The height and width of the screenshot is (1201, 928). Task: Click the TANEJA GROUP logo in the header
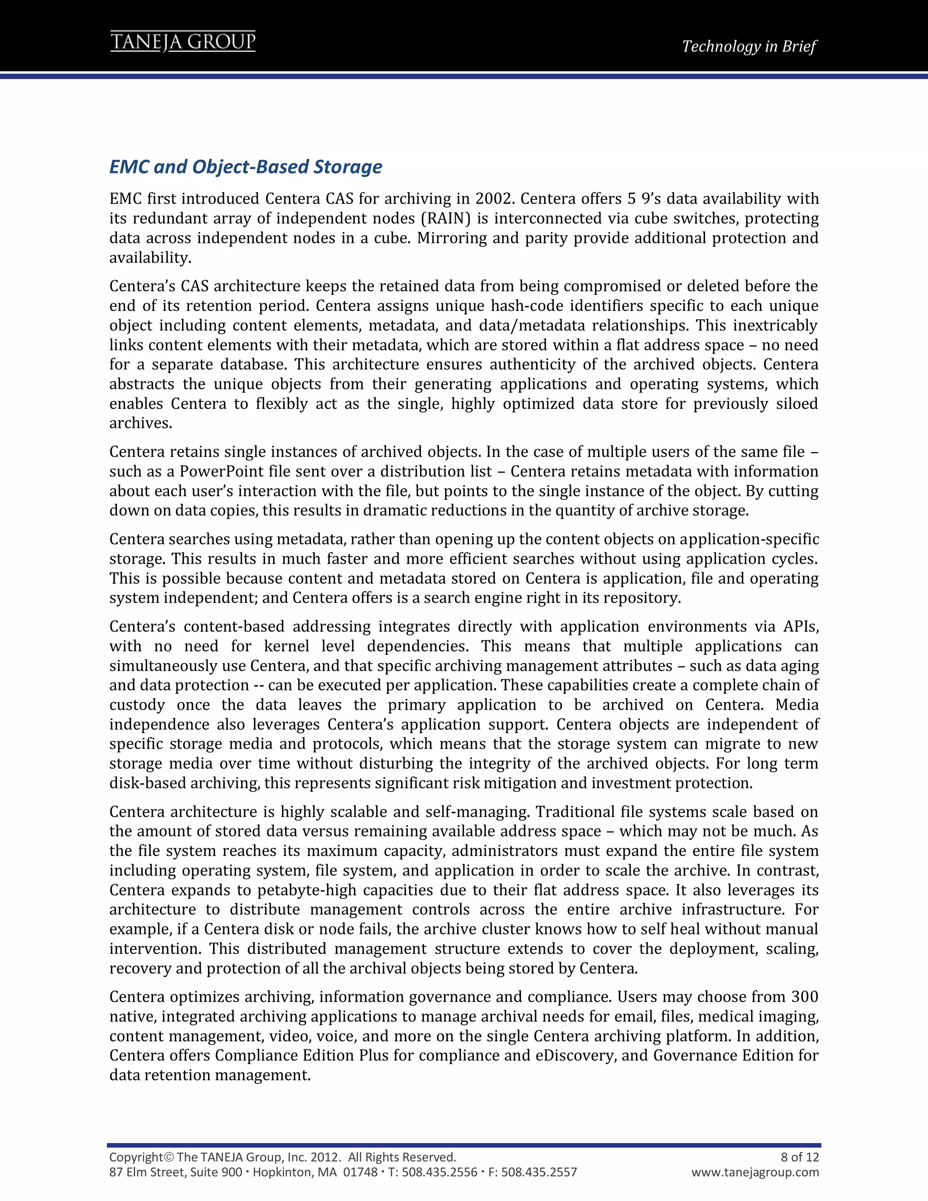coord(183,42)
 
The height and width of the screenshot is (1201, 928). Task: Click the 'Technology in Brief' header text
coord(749,46)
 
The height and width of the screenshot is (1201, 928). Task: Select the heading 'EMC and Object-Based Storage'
coord(246,167)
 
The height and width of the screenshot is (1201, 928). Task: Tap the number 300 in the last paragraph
coord(804,997)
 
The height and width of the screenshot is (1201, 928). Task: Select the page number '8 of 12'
coord(799,1157)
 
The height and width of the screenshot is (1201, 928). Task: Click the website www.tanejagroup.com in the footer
coord(755,1172)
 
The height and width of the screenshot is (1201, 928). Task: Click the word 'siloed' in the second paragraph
coord(797,404)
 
